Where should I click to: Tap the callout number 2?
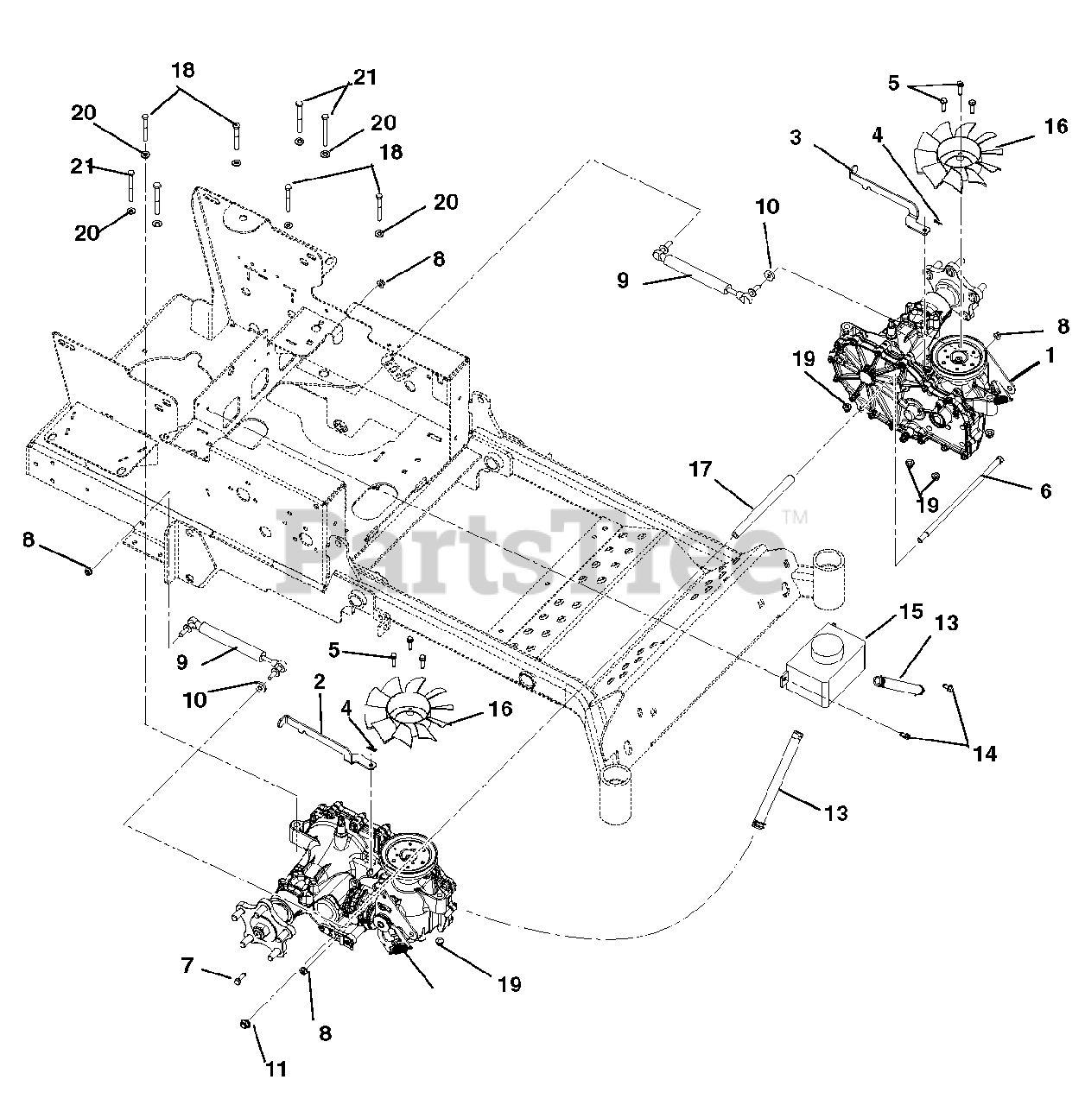(x=320, y=682)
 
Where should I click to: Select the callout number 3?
(x=796, y=137)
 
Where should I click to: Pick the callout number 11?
(x=275, y=1069)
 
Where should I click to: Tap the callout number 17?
(x=700, y=470)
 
